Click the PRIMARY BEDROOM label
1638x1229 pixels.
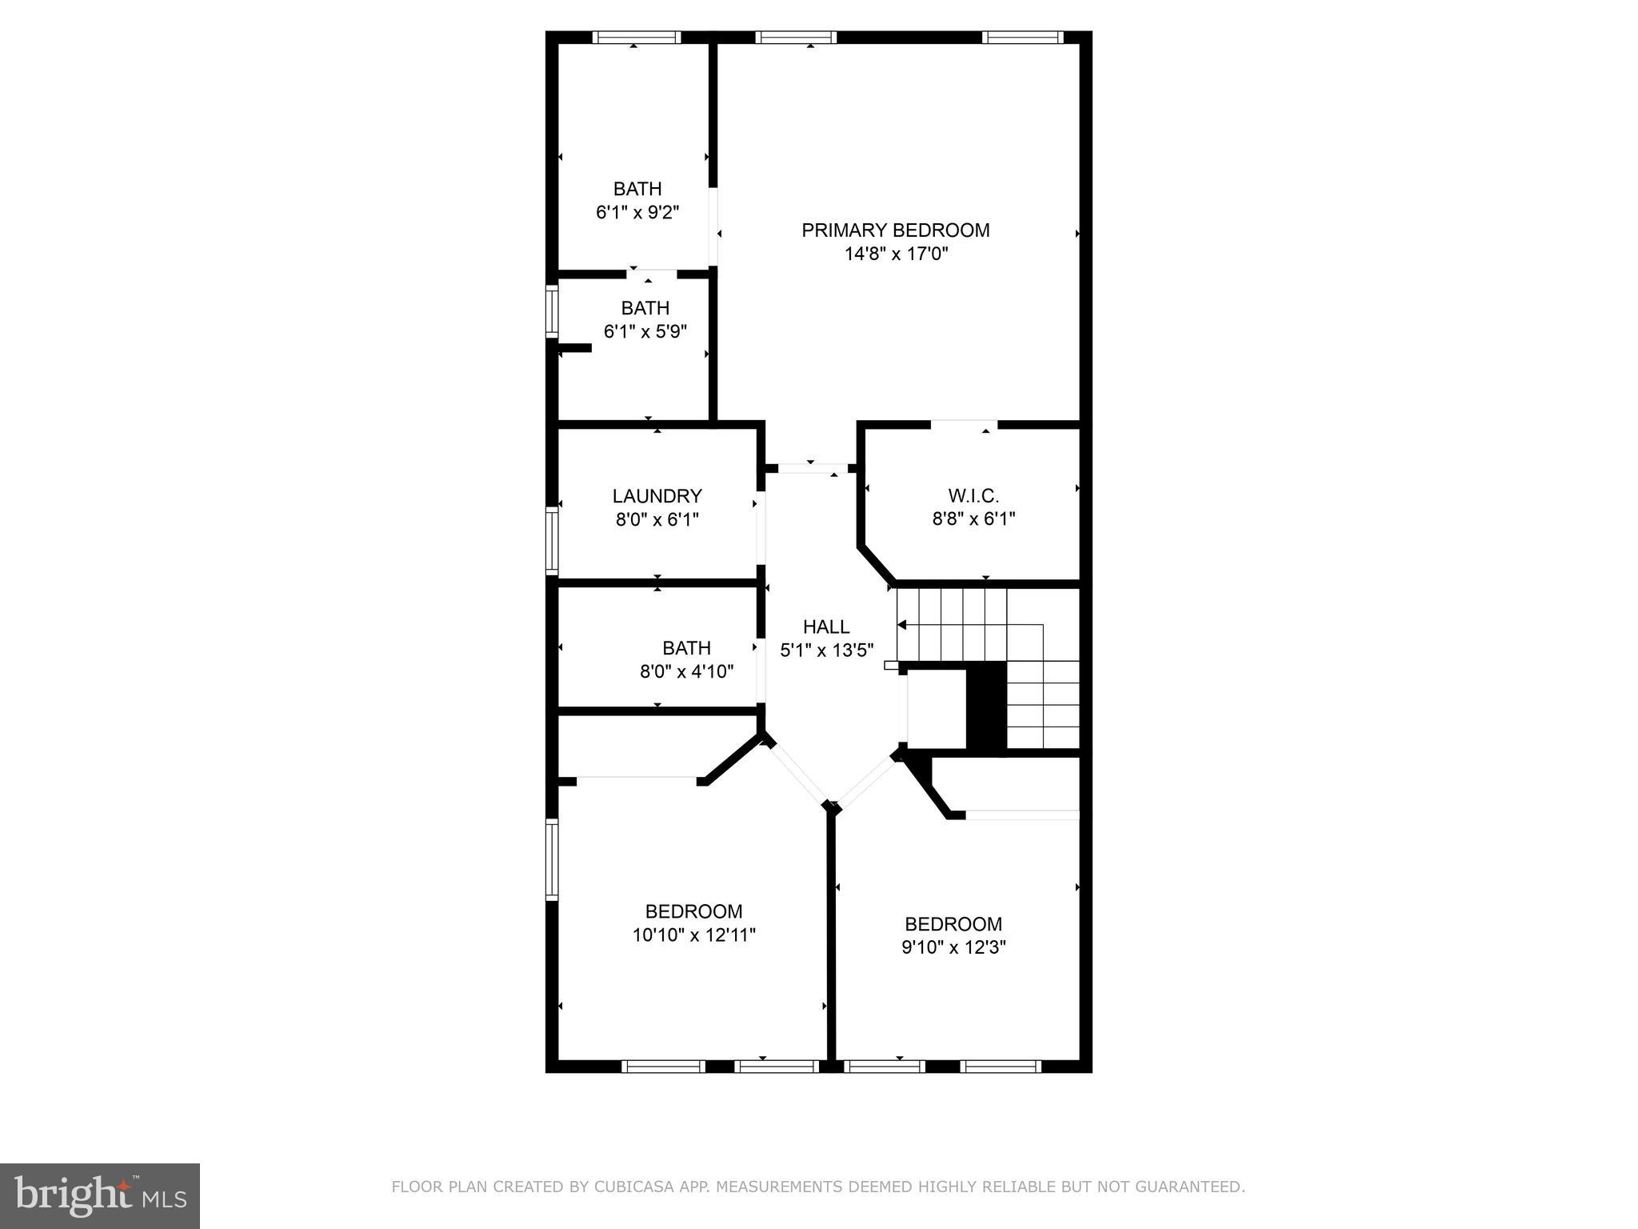point(896,230)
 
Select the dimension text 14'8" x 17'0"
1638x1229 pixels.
point(896,254)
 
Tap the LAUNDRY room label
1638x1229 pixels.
point(657,496)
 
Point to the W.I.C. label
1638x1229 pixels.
point(973,496)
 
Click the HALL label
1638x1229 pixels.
point(826,627)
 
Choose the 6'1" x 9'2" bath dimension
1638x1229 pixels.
point(637,212)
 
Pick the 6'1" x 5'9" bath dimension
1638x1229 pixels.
point(645,331)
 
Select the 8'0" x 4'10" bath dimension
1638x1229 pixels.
point(686,671)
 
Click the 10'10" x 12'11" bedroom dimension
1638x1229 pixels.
point(693,935)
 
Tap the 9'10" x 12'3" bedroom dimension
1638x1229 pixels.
point(953,947)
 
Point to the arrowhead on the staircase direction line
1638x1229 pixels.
point(901,625)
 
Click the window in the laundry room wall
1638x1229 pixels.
point(552,540)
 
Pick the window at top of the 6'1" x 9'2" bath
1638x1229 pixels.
point(637,37)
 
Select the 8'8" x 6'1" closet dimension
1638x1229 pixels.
point(973,518)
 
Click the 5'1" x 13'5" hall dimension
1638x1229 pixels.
point(826,651)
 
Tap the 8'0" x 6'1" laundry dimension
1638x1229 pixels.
point(657,519)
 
